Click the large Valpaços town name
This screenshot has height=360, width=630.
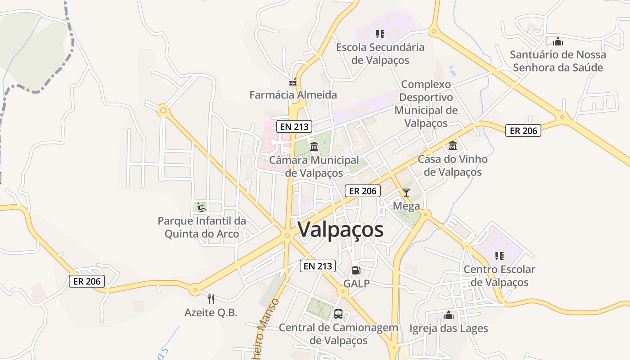[341, 229]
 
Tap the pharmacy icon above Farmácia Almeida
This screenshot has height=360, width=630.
[293, 82]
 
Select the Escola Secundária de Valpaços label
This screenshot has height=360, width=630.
[380, 54]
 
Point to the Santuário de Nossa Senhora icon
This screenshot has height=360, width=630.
[558, 42]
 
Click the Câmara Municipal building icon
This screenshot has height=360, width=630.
[314, 147]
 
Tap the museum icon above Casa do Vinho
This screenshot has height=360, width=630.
[453, 146]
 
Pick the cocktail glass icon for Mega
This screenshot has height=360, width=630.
[406, 193]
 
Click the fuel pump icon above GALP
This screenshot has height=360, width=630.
[356, 270]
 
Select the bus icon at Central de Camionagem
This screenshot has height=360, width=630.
[338, 314]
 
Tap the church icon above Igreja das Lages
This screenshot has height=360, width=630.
[448, 315]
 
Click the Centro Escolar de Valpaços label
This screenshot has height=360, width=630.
[499, 276]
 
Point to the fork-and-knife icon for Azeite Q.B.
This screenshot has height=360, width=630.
[211, 299]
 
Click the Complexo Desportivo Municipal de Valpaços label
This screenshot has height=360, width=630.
[426, 103]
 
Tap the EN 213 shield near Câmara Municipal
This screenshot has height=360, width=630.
[294, 126]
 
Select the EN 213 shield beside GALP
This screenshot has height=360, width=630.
[318, 266]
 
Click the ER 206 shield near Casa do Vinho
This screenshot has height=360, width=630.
[523, 130]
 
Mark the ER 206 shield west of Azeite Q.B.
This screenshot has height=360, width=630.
[87, 281]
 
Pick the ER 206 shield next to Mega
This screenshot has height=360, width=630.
[363, 191]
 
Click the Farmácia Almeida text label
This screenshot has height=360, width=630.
[293, 95]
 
